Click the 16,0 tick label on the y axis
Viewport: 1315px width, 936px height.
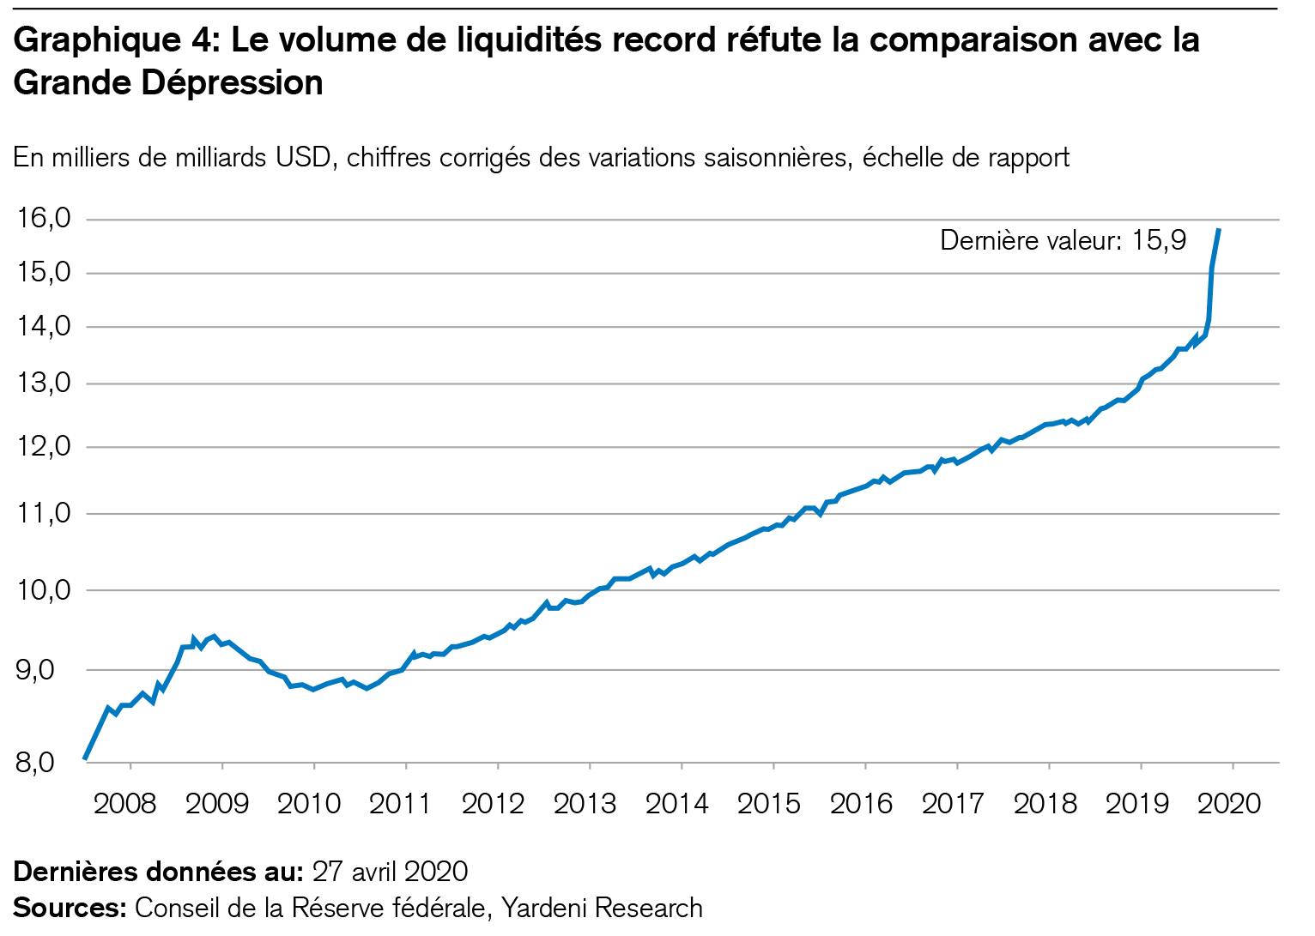pyautogui.click(x=44, y=219)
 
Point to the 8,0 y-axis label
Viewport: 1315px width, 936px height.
pyautogui.click(x=35, y=762)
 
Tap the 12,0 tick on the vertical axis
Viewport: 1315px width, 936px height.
pyautogui.click(x=44, y=446)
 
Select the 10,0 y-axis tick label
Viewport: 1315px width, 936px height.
pyautogui.click(x=44, y=589)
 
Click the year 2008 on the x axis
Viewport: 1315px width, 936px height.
pyautogui.click(x=124, y=804)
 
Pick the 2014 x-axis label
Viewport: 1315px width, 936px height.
pyautogui.click(x=676, y=804)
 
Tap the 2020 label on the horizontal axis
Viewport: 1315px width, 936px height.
pyautogui.click(x=1228, y=804)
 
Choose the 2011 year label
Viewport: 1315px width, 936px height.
pyautogui.click(x=400, y=804)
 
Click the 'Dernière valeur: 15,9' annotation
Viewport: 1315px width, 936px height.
pyautogui.click(x=1063, y=240)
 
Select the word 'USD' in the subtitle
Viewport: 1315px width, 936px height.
pyautogui.click(x=304, y=158)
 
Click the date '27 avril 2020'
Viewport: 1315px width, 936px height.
pyautogui.click(x=390, y=872)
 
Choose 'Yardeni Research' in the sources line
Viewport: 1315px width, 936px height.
pyautogui.click(x=602, y=908)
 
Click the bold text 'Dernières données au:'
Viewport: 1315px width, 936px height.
pyautogui.click(x=159, y=872)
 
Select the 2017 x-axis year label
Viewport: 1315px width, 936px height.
pyautogui.click(x=952, y=804)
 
